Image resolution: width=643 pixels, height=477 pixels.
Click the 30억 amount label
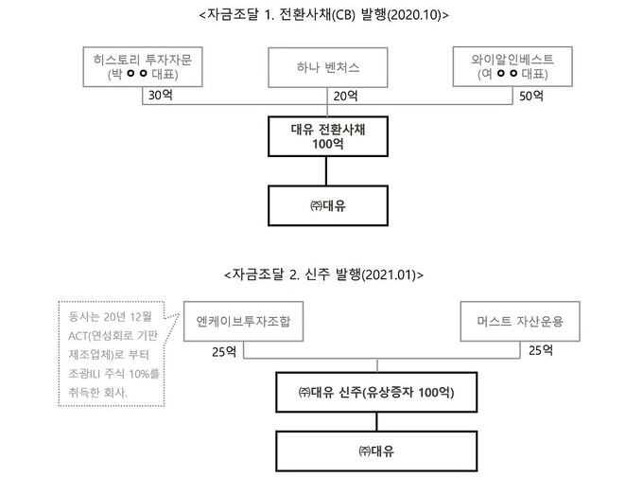point(161,96)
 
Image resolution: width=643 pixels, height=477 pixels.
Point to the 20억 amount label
point(345,96)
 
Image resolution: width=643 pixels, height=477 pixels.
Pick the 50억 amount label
point(531,96)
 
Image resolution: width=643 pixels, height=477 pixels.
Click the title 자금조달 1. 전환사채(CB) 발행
point(324,15)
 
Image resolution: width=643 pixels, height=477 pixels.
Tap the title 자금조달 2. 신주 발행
point(324,274)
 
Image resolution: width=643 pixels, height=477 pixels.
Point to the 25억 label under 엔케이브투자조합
point(224,352)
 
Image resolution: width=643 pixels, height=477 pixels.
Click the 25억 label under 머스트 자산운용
point(541,350)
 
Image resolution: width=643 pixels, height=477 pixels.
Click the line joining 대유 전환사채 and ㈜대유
point(326,171)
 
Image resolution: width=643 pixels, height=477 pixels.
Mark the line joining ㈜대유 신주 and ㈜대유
point(377,421)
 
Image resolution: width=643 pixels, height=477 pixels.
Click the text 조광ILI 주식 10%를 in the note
point(113,374)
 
